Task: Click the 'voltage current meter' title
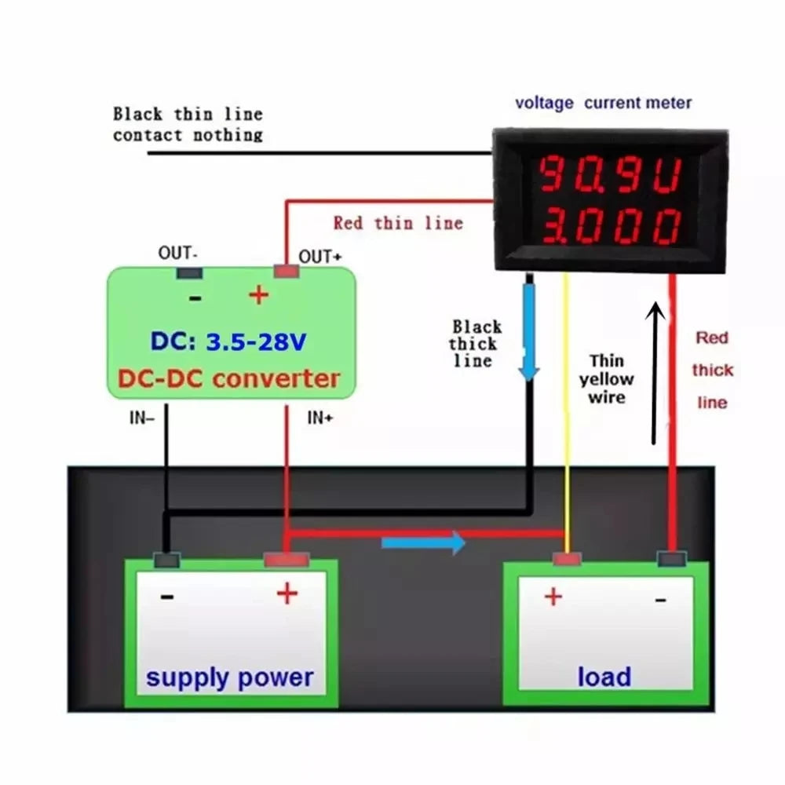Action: [603, 103]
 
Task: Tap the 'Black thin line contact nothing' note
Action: [188, 124]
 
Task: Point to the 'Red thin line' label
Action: [398, 223]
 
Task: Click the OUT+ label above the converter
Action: [320, 257]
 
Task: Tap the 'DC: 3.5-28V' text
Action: [228, 342]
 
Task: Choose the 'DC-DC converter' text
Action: [229, 378]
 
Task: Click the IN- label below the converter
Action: [142, 418]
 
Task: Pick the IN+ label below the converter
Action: [319, 418]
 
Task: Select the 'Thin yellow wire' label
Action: [607, 378]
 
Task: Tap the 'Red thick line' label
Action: [712, 370]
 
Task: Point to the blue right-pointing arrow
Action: [423, 542]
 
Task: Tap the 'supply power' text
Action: [229, 677]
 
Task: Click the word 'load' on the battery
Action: [604, 677]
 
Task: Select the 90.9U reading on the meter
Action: [609, 175]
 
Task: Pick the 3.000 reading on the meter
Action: [609, 227]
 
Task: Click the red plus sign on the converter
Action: [258, 295]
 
